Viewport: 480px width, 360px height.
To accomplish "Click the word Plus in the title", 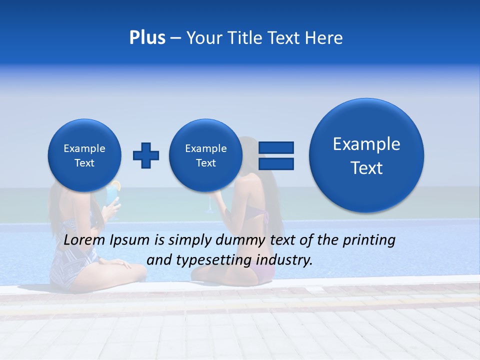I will click(147, 38).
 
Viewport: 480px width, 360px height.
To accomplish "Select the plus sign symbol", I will click(146, 155).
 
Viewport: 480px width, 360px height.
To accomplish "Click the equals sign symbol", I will click(276, 155).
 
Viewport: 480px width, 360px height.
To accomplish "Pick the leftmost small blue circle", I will click(84, 155).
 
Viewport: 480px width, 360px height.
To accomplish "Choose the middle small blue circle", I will click(206, 155).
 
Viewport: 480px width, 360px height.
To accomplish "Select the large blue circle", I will click(366, 155).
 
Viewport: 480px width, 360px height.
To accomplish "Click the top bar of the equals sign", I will click(276, 147).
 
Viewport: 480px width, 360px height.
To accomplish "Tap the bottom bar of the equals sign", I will click(276, 163).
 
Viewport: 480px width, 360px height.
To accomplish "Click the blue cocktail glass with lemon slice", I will click(114, 197).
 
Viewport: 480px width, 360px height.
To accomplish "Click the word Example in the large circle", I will click(366, 144).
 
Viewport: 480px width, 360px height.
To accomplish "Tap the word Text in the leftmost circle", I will click(84, 163).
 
